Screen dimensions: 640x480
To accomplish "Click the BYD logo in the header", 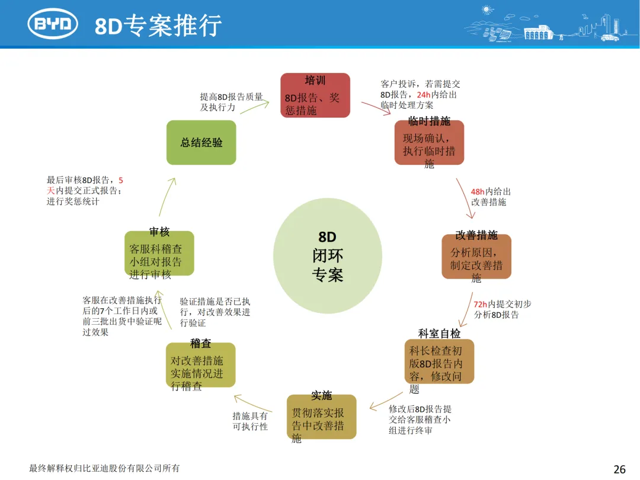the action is tap(53, 24).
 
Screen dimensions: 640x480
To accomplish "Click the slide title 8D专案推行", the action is tap(158, 25).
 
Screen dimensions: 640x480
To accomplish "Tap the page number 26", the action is tap(619, 469).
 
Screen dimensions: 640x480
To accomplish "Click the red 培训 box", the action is tap(315, 95).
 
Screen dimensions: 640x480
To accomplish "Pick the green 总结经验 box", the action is tap(201, 142).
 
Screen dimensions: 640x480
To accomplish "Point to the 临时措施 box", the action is tap(429, 143).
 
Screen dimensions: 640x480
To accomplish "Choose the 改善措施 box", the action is tap(476, 257).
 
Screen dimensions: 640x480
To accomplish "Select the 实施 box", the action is tap(321, 416).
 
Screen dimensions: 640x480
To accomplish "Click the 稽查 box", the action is tap(200, 365).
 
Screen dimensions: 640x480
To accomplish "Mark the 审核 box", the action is tap(159, 253).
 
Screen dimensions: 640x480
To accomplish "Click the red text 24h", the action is tap(424, 95).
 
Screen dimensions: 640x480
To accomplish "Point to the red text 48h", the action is tap(478, 192).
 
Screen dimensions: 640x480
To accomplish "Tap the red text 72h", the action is tap(481, 304).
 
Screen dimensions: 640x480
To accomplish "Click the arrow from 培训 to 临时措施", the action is tap(379, 108).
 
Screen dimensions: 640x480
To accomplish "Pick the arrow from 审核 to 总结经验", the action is tap(167, 196).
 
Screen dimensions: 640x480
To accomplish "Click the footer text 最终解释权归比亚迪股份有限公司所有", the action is tap(104, 469).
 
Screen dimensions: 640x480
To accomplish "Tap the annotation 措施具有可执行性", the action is tap(250, 421).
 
